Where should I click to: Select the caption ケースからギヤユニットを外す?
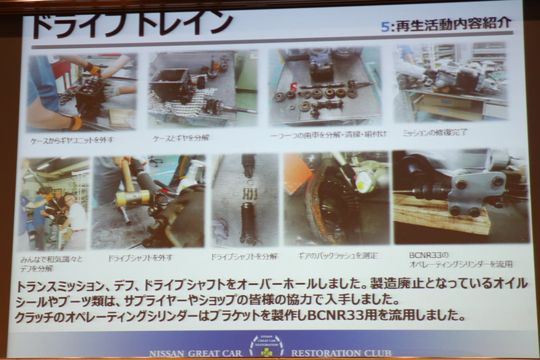72,140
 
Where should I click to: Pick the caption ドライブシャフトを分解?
244,257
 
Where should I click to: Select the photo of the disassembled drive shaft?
244,200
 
